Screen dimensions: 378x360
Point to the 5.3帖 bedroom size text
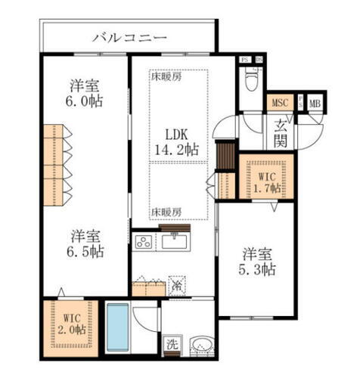259,268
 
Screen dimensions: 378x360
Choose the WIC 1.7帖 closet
264,178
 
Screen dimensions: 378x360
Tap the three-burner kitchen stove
144,242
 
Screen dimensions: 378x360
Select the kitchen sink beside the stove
175,242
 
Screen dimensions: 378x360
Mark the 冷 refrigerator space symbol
175,286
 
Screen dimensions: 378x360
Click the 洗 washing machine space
172,342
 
